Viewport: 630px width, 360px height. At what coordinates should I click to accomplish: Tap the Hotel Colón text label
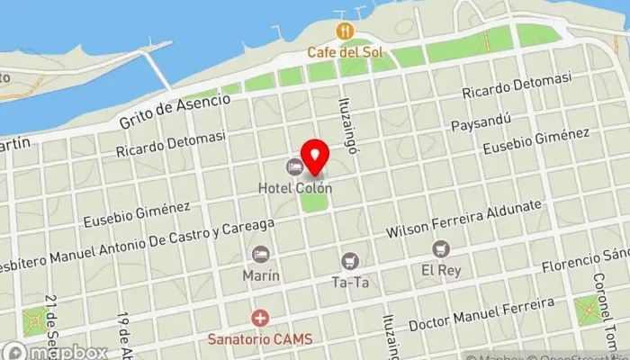pyautogui.click(x=295, y=189)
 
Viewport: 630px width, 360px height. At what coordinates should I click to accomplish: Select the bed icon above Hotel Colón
pyautogui.click(x=294, y=167)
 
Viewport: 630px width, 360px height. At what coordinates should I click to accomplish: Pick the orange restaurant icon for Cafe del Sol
pyautogui.click(x=343, y=31)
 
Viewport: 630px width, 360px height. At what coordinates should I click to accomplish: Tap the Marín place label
pyautogui.click(x=260, y=274)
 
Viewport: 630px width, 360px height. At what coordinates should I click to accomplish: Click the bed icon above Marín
pyautogui.click(x=260, y=255)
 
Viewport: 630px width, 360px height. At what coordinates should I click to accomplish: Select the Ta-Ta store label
pyautogui.click(x=351, y=282)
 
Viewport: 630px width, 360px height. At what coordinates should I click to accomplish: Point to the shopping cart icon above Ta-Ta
pyautogui.click(x=351, y=261)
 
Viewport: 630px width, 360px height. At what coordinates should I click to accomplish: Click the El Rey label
pyautogui.click(x=439, y=269)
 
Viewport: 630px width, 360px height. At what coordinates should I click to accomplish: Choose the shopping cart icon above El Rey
pyautogui.click(x=439, y=248)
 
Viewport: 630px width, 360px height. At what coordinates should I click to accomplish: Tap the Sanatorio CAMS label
pyautogui.click(x=261, y=339)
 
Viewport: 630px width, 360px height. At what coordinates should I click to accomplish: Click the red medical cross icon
pyautogui.click(x=260, y=319)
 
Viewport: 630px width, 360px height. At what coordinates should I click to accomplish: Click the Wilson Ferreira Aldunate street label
pyautogui.click(x=463, y=219)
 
